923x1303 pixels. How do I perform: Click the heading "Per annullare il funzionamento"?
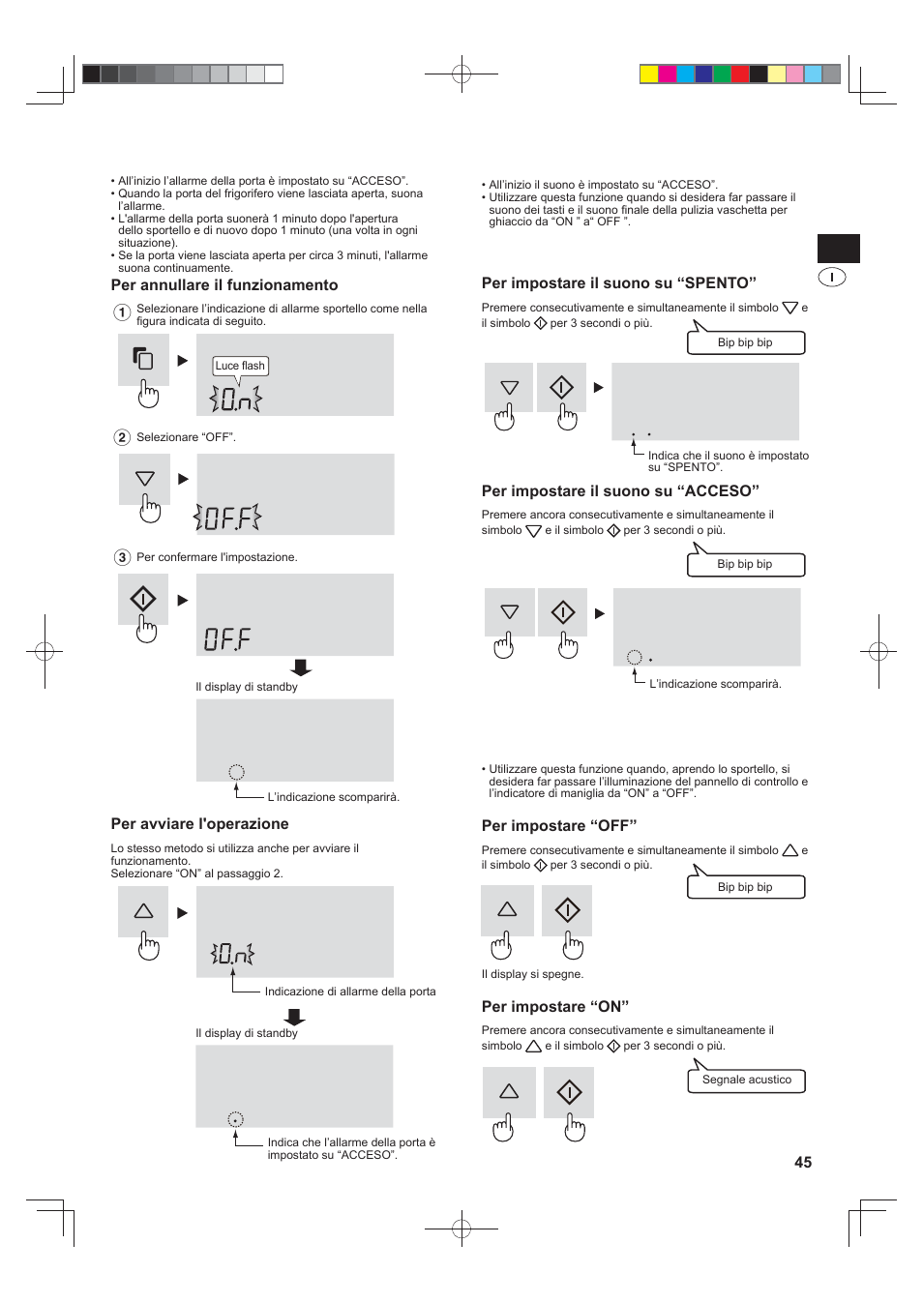pos(224,285)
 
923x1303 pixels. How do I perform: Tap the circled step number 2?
pos(122,437)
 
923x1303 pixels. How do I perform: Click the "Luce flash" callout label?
pos(240,366)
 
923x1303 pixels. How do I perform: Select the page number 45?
pos(803,1162)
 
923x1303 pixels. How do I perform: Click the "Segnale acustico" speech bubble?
pos(746,1081)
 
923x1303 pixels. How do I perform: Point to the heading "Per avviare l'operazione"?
pos(199,824)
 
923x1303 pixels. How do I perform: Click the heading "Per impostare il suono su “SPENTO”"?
pos(618,283)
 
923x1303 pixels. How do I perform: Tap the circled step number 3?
pos(122,557)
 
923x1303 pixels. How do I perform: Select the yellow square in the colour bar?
pos(649,74)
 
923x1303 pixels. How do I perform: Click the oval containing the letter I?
pos(832,278)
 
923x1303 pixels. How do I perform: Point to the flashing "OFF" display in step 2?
pos(228,518)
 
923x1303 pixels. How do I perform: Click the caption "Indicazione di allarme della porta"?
pos(350,992)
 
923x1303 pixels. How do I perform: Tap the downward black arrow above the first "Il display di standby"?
pos(301,667)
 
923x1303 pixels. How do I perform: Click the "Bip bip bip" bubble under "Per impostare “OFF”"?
pos(745,887)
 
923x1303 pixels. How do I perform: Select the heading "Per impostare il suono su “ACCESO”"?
pos(620,491)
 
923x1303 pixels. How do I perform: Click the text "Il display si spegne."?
pos(532,974)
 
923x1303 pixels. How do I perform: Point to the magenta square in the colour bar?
pos(668,74)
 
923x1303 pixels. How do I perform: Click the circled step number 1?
pos(122,312)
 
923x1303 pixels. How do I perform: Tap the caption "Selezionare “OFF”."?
pos(186,437)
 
